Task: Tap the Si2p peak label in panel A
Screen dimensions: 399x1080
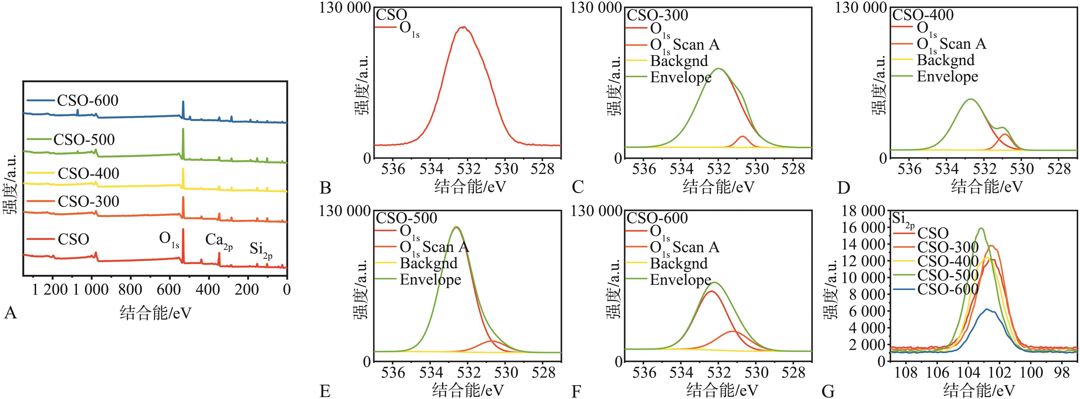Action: [261, 249]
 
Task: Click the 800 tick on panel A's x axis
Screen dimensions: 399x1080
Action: [130, 289]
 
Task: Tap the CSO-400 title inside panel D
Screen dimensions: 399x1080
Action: [923, 15]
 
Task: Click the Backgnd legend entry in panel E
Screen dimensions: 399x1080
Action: [428, 263]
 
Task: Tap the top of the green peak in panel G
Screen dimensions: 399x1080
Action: [981, 228]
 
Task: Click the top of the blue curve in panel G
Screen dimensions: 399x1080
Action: [987, 309]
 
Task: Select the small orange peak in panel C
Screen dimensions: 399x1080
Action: [743, 137]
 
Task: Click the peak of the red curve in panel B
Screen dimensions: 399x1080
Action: [463, 27]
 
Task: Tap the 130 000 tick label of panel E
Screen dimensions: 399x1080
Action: [345, 211]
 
